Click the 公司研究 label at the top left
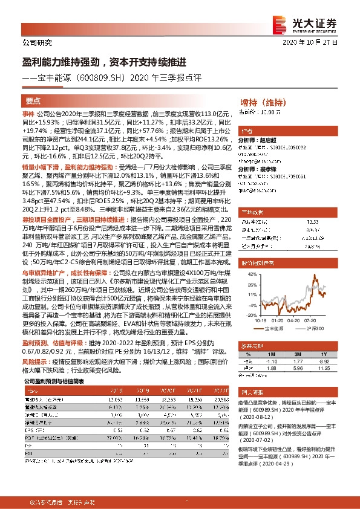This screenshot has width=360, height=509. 38,42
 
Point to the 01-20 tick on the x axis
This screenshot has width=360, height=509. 278,321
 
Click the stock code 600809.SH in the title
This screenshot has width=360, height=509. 103,78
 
